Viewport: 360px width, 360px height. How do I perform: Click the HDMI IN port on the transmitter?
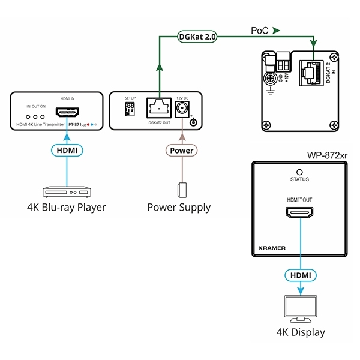click(67, 112)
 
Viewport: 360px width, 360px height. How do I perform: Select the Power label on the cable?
click(181, 150)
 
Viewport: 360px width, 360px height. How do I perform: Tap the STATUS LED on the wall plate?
click(299, 172)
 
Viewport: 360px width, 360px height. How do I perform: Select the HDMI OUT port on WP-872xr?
click(299, 213)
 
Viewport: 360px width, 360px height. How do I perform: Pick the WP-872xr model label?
click(327, 157)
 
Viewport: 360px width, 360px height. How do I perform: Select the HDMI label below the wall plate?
click(300, 274)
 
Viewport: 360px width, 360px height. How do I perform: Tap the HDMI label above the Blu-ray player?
click(67, 150)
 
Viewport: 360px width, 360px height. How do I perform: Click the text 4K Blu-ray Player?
click(67, 208)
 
